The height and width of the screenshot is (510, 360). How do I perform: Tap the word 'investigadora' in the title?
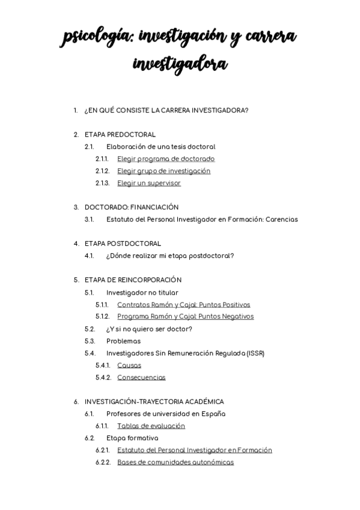pyautogui.click(x=180, y=64)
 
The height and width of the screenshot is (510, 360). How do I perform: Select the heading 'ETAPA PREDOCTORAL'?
pyautogui.click(x=120, y=135)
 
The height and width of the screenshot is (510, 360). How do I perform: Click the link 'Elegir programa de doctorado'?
pyautogui.click(x=166, y=159)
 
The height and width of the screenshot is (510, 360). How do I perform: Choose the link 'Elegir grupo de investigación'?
pyautogui.click(x=163, y=171)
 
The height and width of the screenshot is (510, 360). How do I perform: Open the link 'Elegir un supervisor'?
pyautogui.click(x=148, y=183)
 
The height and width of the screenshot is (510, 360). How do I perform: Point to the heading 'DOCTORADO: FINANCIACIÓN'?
pyautogui.click(x=131, y=207)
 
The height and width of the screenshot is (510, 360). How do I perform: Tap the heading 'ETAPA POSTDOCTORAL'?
pyautogui.click(x=123, y=244)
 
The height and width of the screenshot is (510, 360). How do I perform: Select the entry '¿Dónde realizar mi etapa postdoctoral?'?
pyautogui.click(x=170, y=256)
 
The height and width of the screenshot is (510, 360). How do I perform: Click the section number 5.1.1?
pyautogui.click(x=102, y=305)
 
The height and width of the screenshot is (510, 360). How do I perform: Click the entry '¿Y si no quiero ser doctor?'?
pyautogui.click(x=149, y=329)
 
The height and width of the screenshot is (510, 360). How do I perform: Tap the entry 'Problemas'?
pyautogui.click(x=123, y=341)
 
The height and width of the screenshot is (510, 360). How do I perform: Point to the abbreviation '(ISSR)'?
pyautogui.click(x=255, y=353)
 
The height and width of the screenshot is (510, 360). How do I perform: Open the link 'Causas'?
pyautogui.click(x=129, y=365)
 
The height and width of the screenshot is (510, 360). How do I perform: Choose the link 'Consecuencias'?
pyautogui.click(x=141, y=378)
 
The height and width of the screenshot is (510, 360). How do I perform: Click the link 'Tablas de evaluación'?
pyautogui.click(x=151, y=426)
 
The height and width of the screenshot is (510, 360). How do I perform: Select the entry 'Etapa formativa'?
pyautogui.click(x=132, y=438)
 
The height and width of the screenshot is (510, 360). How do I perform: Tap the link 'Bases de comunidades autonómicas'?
pyautogui.click(x=175, y=462)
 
